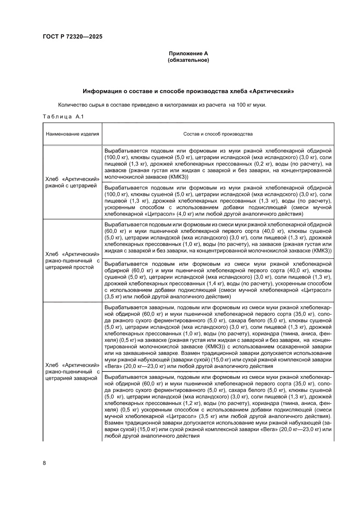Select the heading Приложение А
click(x=188, y=54)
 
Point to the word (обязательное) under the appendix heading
click(x=188, y=60)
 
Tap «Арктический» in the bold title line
click(x=273, y=92)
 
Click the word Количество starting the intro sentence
click(x=72, y=105)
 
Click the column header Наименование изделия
click(x=72, y=134)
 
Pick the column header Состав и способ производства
click(x=218, y=134)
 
